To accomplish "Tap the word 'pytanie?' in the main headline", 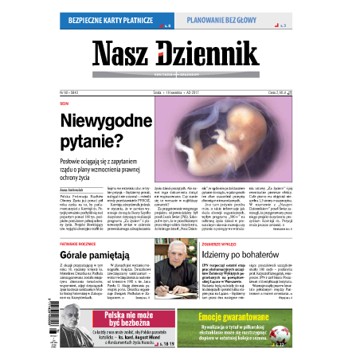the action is click(x=92, y=143).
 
